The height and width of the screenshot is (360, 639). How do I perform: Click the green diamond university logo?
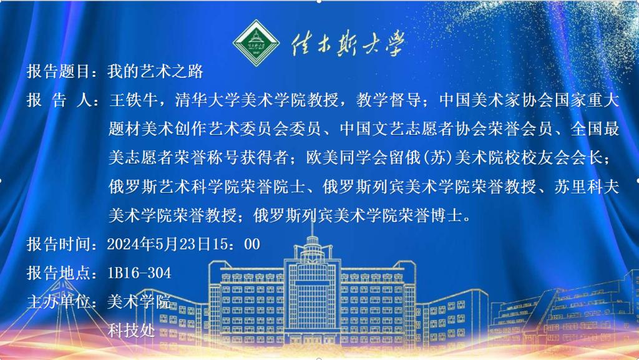[256, 43]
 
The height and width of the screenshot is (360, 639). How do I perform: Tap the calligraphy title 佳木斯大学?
[348, 43]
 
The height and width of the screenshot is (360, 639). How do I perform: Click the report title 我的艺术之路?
[155, 71]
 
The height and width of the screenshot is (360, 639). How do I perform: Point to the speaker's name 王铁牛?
[134, 100]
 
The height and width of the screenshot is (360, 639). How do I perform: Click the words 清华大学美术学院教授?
[256, 100]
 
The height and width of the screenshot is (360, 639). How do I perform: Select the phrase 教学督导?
[388, 100]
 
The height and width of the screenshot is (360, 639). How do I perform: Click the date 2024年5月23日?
[159, 245]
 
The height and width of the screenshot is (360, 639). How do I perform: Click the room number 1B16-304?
[139, 273]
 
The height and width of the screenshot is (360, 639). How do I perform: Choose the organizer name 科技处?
[131, 330]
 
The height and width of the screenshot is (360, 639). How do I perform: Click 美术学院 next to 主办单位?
[139, 302]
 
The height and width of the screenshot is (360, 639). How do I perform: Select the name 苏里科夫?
[587, 187]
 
